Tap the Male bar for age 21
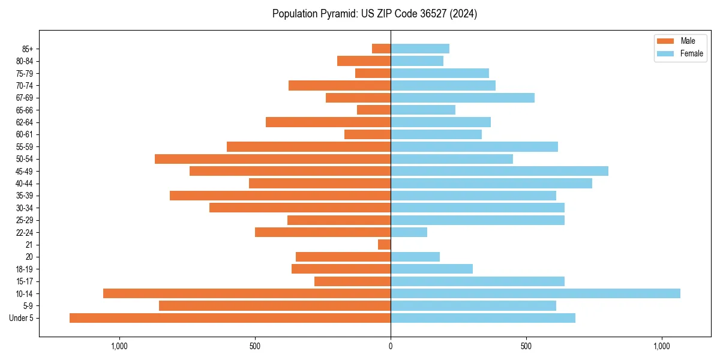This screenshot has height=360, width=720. pos(384,245)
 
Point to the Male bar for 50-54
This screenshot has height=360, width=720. pos(272,159)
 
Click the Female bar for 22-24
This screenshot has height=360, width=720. pos(409,232)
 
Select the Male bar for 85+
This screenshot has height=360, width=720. pos(381,49)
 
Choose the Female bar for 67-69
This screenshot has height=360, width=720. pos(462,98)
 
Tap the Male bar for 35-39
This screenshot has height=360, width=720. pos(280,196)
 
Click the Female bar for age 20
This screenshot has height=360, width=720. pos(415,257)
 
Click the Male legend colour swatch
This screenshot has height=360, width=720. pos(665,41)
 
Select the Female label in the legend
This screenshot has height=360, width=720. pos(692,53)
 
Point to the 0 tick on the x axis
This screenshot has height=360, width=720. pos(391,346)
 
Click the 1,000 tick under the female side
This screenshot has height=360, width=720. pos(662,346)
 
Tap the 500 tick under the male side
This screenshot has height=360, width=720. pos(255,346)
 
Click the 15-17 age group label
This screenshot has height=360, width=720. pos(24,281)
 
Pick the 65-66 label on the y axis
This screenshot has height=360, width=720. pos(24,110)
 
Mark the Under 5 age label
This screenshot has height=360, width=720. pos(21,318)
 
